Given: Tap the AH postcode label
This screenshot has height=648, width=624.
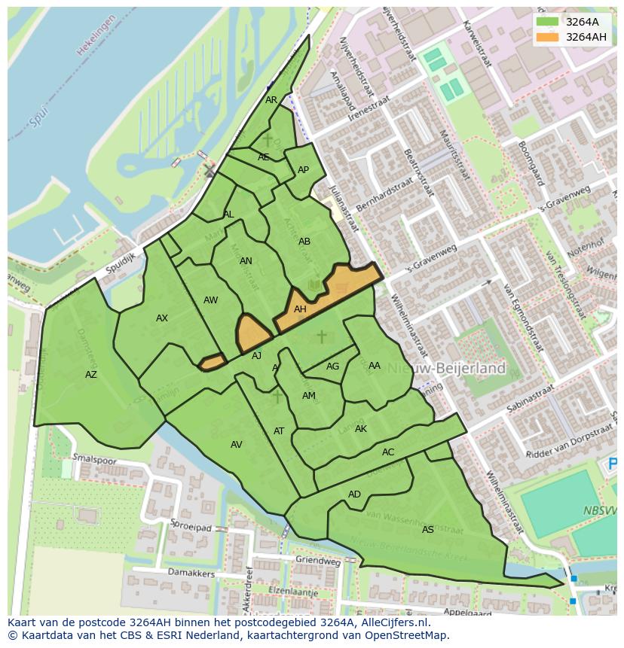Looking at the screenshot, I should (300, 309).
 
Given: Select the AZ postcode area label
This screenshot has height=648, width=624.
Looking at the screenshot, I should (91, 375).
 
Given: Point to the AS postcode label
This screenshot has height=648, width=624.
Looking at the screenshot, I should (428, 530).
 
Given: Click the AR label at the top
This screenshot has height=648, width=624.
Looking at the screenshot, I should (271, 100).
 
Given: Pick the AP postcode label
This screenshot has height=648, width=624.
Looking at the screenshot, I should (303, 170).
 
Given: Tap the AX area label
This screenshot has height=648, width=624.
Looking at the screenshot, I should (162, 318).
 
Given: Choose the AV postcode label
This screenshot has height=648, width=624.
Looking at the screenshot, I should (237, 445).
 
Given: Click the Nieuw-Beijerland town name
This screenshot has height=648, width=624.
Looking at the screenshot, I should (451, 368).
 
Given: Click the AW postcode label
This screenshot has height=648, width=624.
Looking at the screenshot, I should (210, 300).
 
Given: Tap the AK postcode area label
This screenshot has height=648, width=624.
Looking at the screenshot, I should (361, 429).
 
